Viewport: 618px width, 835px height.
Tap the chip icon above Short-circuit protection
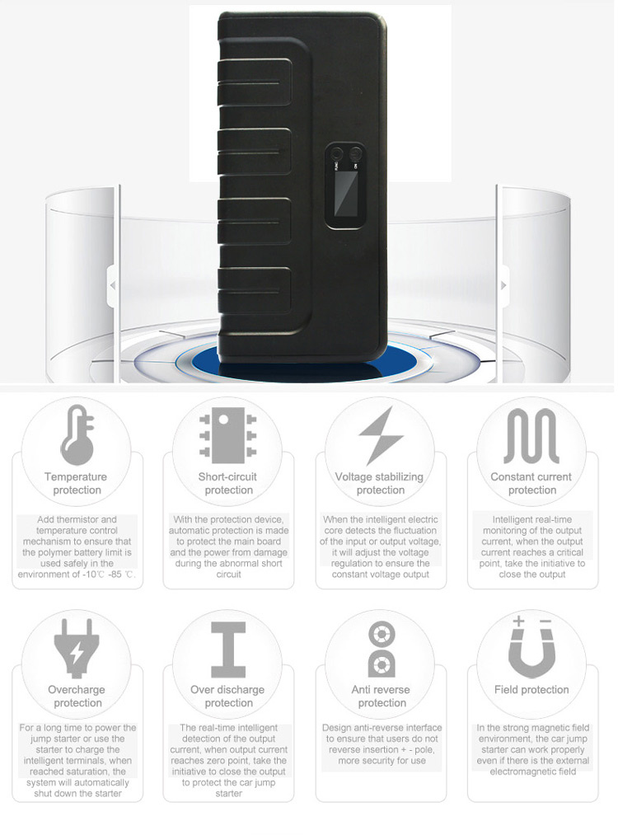227,435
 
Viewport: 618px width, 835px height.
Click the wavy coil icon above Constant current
531,435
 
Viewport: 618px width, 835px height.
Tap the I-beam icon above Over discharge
228,650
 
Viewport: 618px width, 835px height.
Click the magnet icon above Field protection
531,646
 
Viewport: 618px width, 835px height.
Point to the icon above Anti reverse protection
382,650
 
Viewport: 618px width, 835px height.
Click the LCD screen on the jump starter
345,194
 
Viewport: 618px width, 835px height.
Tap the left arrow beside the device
112,286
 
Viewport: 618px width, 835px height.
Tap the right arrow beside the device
503,286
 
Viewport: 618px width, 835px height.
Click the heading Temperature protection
76,483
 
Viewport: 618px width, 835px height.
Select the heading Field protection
531,690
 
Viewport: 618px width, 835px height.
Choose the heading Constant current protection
531,483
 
